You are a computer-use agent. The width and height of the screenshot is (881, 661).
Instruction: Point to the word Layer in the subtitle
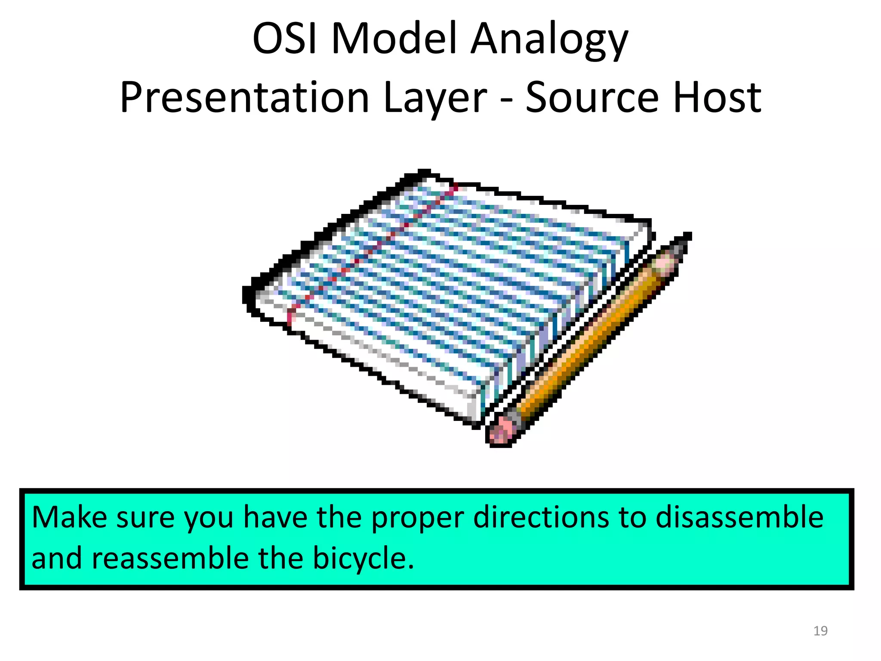pyautogui.click(x=434, y=100)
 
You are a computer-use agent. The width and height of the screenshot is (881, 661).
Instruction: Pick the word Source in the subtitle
pyautogui.click(x=592, y=98)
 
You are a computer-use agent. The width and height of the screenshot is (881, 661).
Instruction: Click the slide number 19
pyautogui.click(x=820, y=631)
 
